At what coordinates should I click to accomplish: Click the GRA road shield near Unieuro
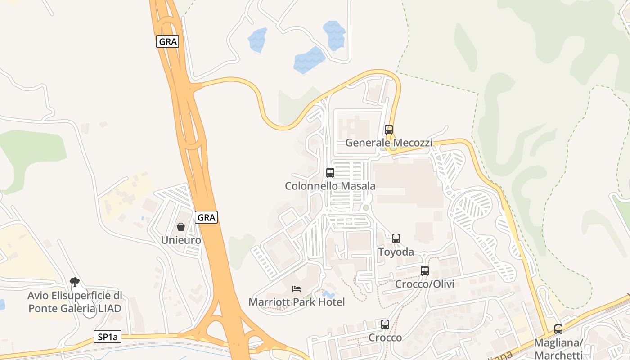point(207,217)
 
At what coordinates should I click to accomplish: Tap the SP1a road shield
point(108,337)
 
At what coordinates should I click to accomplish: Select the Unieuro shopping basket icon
point(181,227)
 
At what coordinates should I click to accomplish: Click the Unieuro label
point(181,240)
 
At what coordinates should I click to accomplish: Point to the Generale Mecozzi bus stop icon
point(389,130)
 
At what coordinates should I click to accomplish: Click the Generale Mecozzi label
point(389,143)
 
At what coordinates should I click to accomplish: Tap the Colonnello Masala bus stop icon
point(330,172)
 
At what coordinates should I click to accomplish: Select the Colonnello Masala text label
point(330,186)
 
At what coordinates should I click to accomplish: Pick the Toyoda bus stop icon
point(396,238)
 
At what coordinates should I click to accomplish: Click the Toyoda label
point(396,252)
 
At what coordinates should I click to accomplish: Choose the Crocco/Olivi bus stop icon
point(424,271)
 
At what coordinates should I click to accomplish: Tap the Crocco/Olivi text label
point(424,284)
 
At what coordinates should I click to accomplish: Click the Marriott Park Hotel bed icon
point(296,288)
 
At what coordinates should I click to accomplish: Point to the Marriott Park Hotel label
point(297,302)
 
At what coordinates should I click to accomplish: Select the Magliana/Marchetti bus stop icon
point(558,329)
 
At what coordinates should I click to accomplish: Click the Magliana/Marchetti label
point(558,349)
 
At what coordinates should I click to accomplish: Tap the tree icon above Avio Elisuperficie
point(75,282)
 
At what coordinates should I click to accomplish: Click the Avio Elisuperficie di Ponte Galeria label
point(75,302)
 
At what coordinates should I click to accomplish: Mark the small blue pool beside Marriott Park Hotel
point(328,294)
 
